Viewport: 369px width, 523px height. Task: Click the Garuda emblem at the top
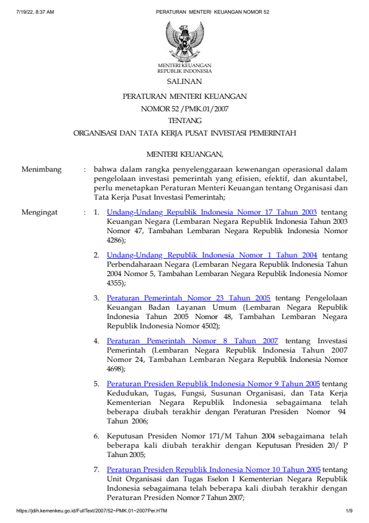tap(184, 40)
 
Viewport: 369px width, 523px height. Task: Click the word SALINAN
tap(184, 81)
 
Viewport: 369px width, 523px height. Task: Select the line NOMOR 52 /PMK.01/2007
tap(184, 109)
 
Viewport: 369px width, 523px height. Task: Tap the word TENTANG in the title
tap(184, 121)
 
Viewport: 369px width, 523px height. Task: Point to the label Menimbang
tap(41, 169)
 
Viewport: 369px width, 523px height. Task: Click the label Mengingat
tap(40, 212)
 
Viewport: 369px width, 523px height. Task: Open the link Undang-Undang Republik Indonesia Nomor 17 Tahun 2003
tap(212, 212)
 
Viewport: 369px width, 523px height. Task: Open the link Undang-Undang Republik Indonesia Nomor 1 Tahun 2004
tap(212, 255)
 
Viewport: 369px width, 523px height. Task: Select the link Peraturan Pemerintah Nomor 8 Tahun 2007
tap(192, 341)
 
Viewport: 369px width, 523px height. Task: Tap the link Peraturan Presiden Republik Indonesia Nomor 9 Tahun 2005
tap(213, 384)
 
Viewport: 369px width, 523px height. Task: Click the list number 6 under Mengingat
tap(96, 436)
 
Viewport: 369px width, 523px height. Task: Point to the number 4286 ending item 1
tap(114, 239)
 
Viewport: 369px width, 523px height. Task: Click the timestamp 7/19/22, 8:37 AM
tap(35, 12)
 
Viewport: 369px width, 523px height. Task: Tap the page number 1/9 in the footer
tap(349, 511)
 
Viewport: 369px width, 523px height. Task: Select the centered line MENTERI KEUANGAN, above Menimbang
tap(184, 153)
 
